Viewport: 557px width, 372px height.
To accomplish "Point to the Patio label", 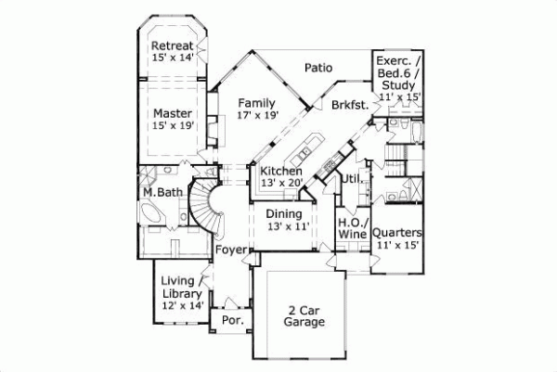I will coord(318,67).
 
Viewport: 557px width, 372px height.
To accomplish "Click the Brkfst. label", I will coord(349,106).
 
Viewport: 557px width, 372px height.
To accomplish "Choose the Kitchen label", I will coord(279,173).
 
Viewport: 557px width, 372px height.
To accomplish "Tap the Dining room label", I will coord(284,213).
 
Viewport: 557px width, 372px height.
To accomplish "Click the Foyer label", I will coord(229,250).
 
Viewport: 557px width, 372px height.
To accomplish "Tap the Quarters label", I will coord(399,233).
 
